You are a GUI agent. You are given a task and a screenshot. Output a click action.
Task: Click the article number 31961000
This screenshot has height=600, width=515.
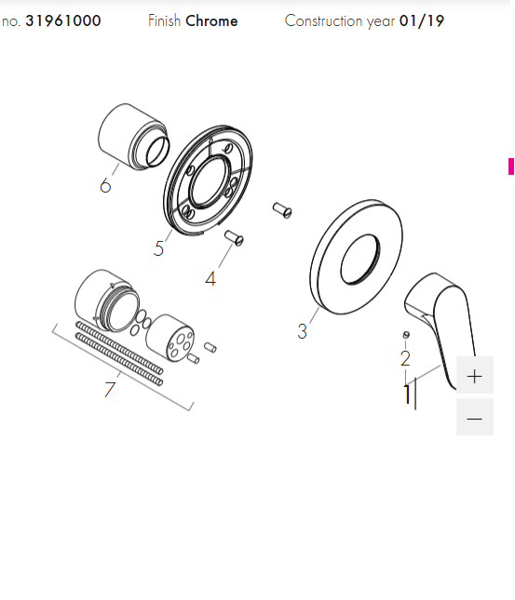click(63, 20)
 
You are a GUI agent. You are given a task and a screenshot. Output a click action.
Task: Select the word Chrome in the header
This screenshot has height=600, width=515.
click(211, 20)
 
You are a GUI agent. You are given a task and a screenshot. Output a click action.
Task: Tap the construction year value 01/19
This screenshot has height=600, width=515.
click(422, 20)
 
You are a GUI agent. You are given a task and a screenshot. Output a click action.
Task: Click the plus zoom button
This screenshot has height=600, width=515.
click(474, 375)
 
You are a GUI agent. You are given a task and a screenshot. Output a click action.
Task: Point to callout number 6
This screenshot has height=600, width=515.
click(105, 186)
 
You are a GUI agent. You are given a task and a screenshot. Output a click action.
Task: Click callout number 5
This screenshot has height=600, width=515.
click(158, 248)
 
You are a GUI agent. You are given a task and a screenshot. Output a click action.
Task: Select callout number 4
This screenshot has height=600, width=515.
click(210, 278)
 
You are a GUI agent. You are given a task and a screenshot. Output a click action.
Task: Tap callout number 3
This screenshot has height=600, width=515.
click(303, 331)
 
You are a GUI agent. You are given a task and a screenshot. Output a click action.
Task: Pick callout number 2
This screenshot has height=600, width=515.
click(405, 358)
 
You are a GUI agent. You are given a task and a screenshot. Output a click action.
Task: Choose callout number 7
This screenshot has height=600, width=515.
click(110, 389)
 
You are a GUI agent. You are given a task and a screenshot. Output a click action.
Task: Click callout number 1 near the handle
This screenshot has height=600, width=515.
click(407, 394)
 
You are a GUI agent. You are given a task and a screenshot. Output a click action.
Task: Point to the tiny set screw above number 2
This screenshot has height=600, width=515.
click(406, 335)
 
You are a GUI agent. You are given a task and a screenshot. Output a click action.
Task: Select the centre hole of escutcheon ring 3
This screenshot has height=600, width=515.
click(360, 260)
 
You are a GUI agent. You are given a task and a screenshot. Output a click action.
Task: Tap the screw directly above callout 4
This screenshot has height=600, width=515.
click(234, 238)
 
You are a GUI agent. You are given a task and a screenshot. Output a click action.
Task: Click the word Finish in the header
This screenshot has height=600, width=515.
click(165, 20)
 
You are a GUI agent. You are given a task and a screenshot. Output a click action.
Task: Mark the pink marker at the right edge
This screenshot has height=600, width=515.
click(511, 167)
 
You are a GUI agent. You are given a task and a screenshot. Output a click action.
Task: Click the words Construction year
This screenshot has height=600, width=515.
click(340, 21)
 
